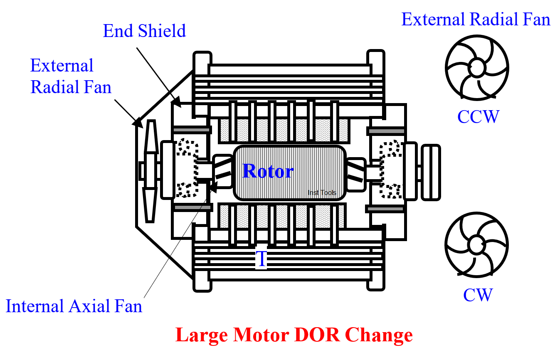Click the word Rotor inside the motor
pyautogui.click(x=268, y=171)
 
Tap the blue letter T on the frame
pyautogui.click(x=261, y=259)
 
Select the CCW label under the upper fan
pyautogui.click(x=477, y=116)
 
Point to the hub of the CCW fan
pyautogui.click(x=476, y=67)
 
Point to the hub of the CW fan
pyautogui.click(x=476, y=244)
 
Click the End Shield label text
pyautogui.click(x=144, y=31)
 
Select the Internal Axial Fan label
pyautogui.click(x=74, y=306)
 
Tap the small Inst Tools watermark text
pyautogui.click(x=322, y=192)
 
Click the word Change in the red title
pyautogui.click(x=379, y=335)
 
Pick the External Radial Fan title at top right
pyautogui.click(x=476, y=20)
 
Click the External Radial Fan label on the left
pyautogui.click(x=71, y=76)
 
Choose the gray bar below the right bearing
pyautogui.click(x=385, y=209)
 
